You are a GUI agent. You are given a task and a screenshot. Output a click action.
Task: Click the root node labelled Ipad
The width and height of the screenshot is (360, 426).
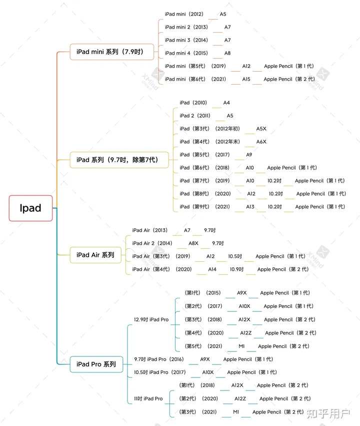pyautogui.click(x=30, y=208)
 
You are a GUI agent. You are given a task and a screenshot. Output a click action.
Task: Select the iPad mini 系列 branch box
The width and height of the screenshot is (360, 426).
pyautogui.click(x=111, y=52)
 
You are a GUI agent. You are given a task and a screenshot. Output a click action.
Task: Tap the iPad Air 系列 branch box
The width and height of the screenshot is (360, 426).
pyautogui.click(x=95, y=255)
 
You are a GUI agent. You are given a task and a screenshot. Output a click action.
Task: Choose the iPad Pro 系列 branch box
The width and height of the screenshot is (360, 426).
pyautogui.click(x=96, y=364)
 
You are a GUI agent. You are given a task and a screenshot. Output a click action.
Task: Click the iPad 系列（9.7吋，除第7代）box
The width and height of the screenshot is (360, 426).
pyautogui.click(x=119, y=160)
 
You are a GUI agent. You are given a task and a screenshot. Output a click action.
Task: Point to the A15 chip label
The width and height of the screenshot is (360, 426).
pyautogui.click(x=246, y=79)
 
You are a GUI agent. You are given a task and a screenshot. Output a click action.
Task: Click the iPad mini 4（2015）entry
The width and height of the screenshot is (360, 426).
pyautogui.click(x=186, y=53)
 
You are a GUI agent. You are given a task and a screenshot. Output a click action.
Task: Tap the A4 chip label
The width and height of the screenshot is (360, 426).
pyautogui.click(x=226, y=103)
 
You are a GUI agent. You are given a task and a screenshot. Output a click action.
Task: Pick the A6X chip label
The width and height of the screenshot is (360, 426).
pyautogui.click(x=261, y=142)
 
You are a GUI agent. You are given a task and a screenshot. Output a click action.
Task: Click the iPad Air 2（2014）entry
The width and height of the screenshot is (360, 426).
pyautogui.click(x=152, y=243)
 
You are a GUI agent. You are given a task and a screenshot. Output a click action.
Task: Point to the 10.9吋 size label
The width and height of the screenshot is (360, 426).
pyautogui.click(x=236, y=269)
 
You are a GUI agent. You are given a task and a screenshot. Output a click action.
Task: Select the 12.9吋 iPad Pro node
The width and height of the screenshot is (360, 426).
pyautogui.click(x=151, y=319)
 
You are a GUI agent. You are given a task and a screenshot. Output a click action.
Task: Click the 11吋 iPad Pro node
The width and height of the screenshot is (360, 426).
pyautogui.click(x=148, y=398)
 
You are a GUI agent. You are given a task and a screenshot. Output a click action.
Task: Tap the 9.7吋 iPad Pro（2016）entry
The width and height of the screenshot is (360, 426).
pyautogui.click(x=159, y=359)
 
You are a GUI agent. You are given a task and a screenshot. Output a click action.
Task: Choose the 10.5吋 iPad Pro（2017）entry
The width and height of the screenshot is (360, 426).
pyautogui.click(x=160, y=372)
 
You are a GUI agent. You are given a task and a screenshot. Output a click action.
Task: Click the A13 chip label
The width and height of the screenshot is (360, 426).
pyautogui.click(x=250, y=207)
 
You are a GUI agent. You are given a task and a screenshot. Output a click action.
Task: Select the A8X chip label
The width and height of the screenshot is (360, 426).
pyautogui.click(x=193, y=243)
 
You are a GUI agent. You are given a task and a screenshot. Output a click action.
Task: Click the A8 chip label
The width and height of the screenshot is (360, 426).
pyautogui.click(x=227, y=53)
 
